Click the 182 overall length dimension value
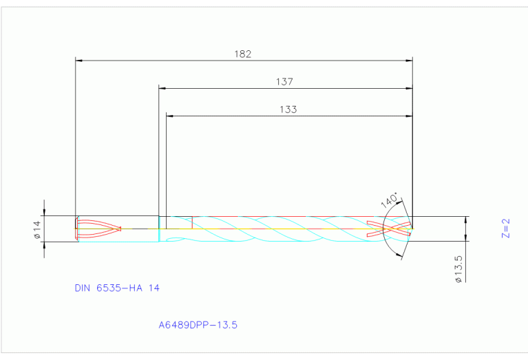click(243, 54)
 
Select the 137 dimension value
click(285, 81)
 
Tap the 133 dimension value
click(288, 109)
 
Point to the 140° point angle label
click(389, 200)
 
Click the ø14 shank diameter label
click(39, 229)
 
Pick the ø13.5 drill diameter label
click(457, 269)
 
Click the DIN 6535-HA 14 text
click(117, 288)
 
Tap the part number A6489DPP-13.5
click(198, 324)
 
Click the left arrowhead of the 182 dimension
click(78, 61)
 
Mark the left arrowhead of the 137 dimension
click(162, 88)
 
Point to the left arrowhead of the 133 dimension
click(170, 116)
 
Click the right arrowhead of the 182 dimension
click(408, 61)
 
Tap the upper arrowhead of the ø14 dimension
click(45, 213)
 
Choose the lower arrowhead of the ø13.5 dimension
click(467, 244)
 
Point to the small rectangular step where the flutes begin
click(176, 222)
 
